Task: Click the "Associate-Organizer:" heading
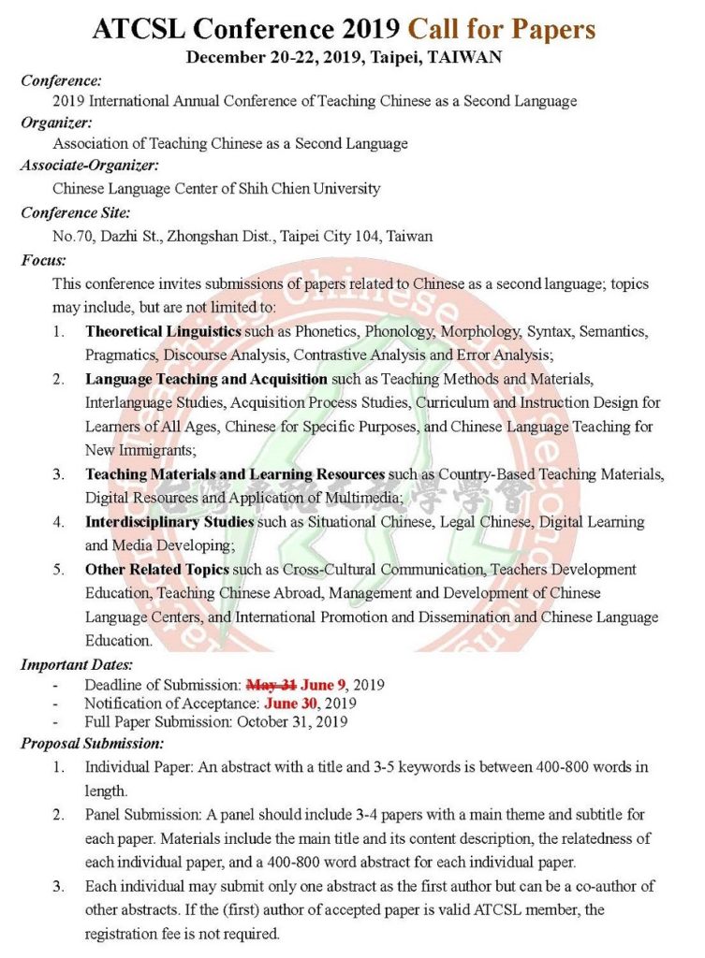(90, 166)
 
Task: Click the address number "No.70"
(71, 236)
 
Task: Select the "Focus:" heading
(43, 259)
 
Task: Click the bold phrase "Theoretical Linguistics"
(164, 331)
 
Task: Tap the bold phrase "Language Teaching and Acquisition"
(206, 379)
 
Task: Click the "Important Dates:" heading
(77, 665)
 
